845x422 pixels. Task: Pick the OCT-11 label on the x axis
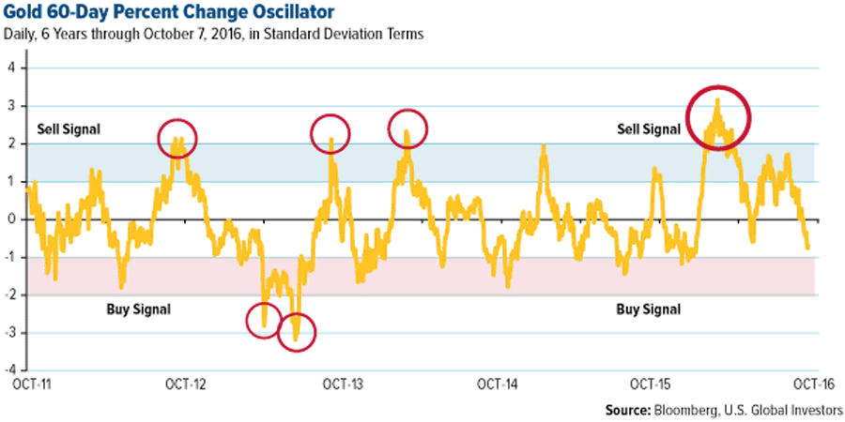tap(29, 384)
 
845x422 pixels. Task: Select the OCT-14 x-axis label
tap(497, 384)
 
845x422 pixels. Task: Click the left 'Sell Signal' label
tap(69, 128)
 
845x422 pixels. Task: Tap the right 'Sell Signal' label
tap(648, 128)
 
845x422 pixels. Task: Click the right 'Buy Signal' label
tap(648, 308)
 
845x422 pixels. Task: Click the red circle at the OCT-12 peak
tap(177, 138)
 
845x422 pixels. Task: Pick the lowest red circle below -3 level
tap(297, 331)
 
